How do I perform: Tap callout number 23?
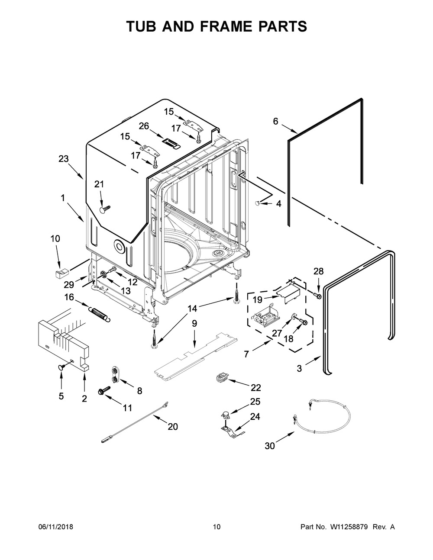coord(64,159)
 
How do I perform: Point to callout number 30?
coord(270,445)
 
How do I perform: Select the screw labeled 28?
coord(317,295)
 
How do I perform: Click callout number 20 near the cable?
coord(172,426)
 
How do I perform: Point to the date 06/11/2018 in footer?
coord(56,527)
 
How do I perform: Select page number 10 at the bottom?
coord(216,527)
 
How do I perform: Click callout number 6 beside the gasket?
coord(276,122)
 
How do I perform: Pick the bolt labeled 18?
coord(302,322)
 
